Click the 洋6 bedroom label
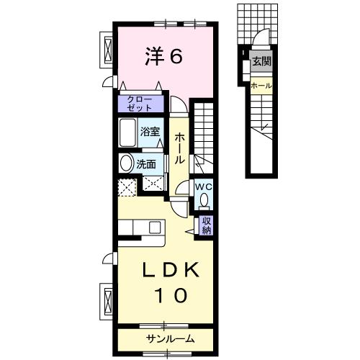pyautogui.click(x=163, y=57)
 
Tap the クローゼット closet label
pyautogui.click(x=139, y=104)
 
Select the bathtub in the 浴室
pyautogui.click(x=127, y=132)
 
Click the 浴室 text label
pyautogui.click(x=150, y=132)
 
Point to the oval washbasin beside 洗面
pyautogui.click(x=126, y=163)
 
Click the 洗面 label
pyautogui.click(x=146, y=164)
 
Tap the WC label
pyautogui.click(x=204, y=187)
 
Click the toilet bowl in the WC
pyautogui.click(x=204, y=200)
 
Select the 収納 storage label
pyautogui.click(x=207, y=225)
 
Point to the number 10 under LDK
pyautogui.click(x=171, y=295)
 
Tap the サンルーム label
pyautogui.click(x=170, y=339)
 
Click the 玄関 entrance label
pyautogui.click(x=261, y=62)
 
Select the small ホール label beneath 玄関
pyautogui.click(x=261, y=86)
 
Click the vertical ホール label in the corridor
pyautogui.click(x=179, y=149)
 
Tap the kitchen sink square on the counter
pyautogui.click(x=155, y=227)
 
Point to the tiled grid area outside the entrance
pyautogui.click(x=257, y=24)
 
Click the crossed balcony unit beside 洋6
pyautogui.click(x=108, y=50)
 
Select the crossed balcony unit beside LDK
pyautogui.click(x=108, y=302)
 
